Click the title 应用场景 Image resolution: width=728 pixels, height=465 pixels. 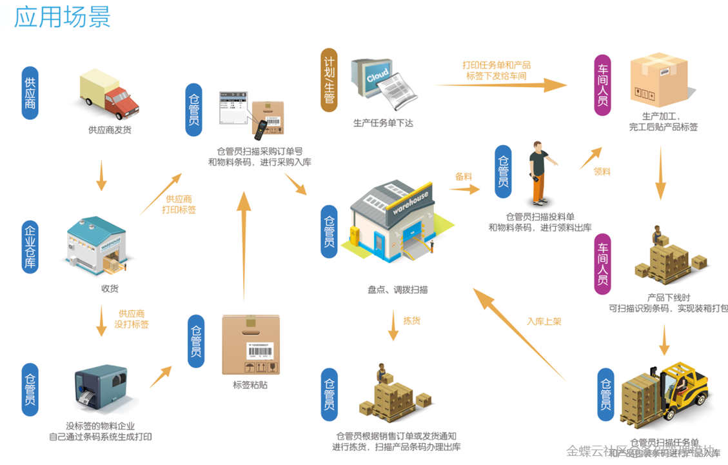pos(63,17)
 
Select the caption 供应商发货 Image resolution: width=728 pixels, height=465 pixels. pos(110,130)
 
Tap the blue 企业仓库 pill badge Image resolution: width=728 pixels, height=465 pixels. pos(30,248)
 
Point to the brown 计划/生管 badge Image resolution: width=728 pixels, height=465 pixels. pos(330,80)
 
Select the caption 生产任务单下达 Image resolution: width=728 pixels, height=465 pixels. pos(383,123)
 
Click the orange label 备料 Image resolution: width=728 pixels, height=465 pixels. pos(464,176)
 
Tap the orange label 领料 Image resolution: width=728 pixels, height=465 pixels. pos(602,172)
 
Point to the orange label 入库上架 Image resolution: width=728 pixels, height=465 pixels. pos(544,321)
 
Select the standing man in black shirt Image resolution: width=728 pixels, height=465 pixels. pos(537,172)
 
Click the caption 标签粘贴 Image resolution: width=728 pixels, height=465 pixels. pos(250,385)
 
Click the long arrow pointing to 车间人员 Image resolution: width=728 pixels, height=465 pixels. pos(500,84)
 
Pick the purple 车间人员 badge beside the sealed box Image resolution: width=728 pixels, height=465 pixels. pos(602,85)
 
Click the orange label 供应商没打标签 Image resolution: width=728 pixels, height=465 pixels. pos(132,319)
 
